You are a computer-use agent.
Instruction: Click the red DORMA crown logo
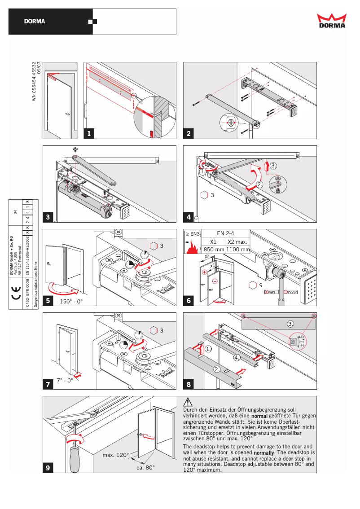point(332,21)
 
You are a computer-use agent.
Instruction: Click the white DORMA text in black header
point(35,22)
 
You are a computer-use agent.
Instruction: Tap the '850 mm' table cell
point(214,249)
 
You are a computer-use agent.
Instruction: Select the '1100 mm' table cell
point(238,249)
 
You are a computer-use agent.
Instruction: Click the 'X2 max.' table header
point(238,241)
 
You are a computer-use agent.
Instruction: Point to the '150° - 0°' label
point(71,301)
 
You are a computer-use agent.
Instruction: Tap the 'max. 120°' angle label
point(115,455)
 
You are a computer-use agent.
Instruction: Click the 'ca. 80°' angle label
point(145,467)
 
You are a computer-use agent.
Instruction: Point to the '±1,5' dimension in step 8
point(302,341)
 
